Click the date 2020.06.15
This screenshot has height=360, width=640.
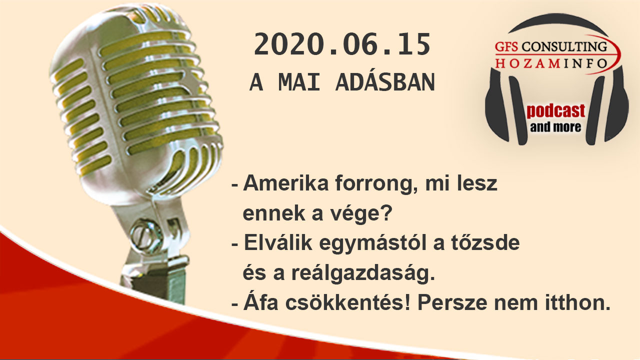(x=342, y=44)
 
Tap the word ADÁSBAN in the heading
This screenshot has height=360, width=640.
(x=385, y=82)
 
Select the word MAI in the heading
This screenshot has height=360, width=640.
(x=299, y=82)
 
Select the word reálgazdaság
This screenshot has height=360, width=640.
(x=363, y=273)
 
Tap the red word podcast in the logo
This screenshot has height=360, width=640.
(x=555, y=111)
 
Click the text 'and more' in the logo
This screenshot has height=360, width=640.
(x=555, y=127)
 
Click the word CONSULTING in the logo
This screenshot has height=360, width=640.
(x=564, y=46)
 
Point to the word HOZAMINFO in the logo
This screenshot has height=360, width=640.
(x=551, y=63)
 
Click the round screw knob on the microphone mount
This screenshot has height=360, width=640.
(x=146, y=235)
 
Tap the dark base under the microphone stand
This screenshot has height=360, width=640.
(x=154, y=285)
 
